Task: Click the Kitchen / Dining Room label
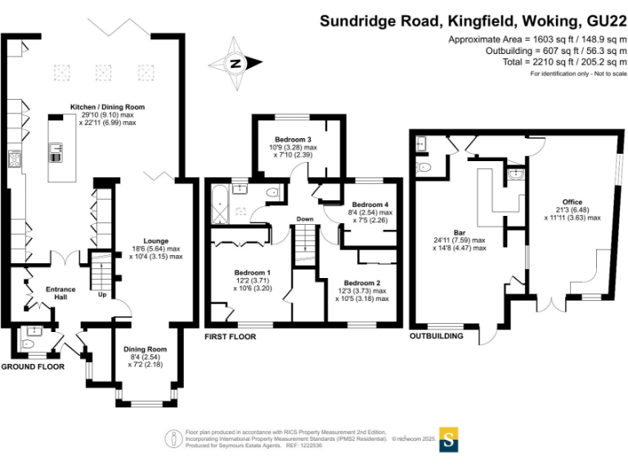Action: (x=107, y=107)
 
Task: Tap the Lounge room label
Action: (x=155, y=241)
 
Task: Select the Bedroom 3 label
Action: (x=293, y=139)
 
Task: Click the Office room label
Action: (x=572, y=201)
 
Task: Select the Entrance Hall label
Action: (x=60, y=289)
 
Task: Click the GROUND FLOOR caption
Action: (x=33, y=367)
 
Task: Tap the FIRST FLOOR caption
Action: (x=230, y=336)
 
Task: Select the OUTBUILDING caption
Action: (x=437, y=336)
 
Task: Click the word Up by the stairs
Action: (x=101, y=295)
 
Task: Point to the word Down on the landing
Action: (x=304, y=219)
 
